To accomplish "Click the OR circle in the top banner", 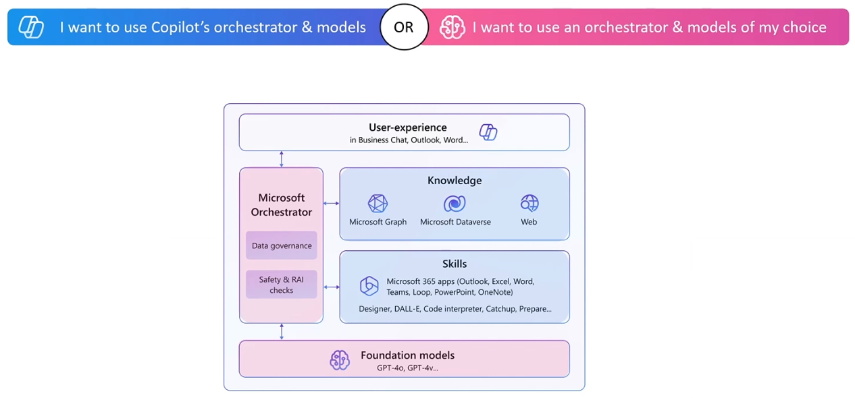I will (404, 27).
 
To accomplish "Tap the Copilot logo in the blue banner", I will (31, 27).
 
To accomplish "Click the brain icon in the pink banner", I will (452, 27).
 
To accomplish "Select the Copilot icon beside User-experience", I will (488, 132).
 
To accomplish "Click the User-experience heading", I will (407, 127).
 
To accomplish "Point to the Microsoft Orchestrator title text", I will (282, 205).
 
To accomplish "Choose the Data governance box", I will (282, 246).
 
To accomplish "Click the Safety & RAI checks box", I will (282, 285).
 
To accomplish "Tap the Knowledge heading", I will (455, 181).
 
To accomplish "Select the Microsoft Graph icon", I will (378, 203).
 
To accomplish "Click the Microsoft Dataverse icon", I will (455, 203).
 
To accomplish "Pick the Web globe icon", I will (529, 203).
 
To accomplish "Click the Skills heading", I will (455, 264).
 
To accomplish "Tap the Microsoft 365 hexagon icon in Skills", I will (369, 286).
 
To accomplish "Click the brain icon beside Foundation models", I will (339, 360).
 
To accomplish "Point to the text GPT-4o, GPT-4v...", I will (407, 368).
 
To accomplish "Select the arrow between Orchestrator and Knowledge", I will (331, 203).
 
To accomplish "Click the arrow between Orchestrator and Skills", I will (331, 287).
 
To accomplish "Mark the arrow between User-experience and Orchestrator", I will (282, 159).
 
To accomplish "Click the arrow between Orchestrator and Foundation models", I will (282, 332).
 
